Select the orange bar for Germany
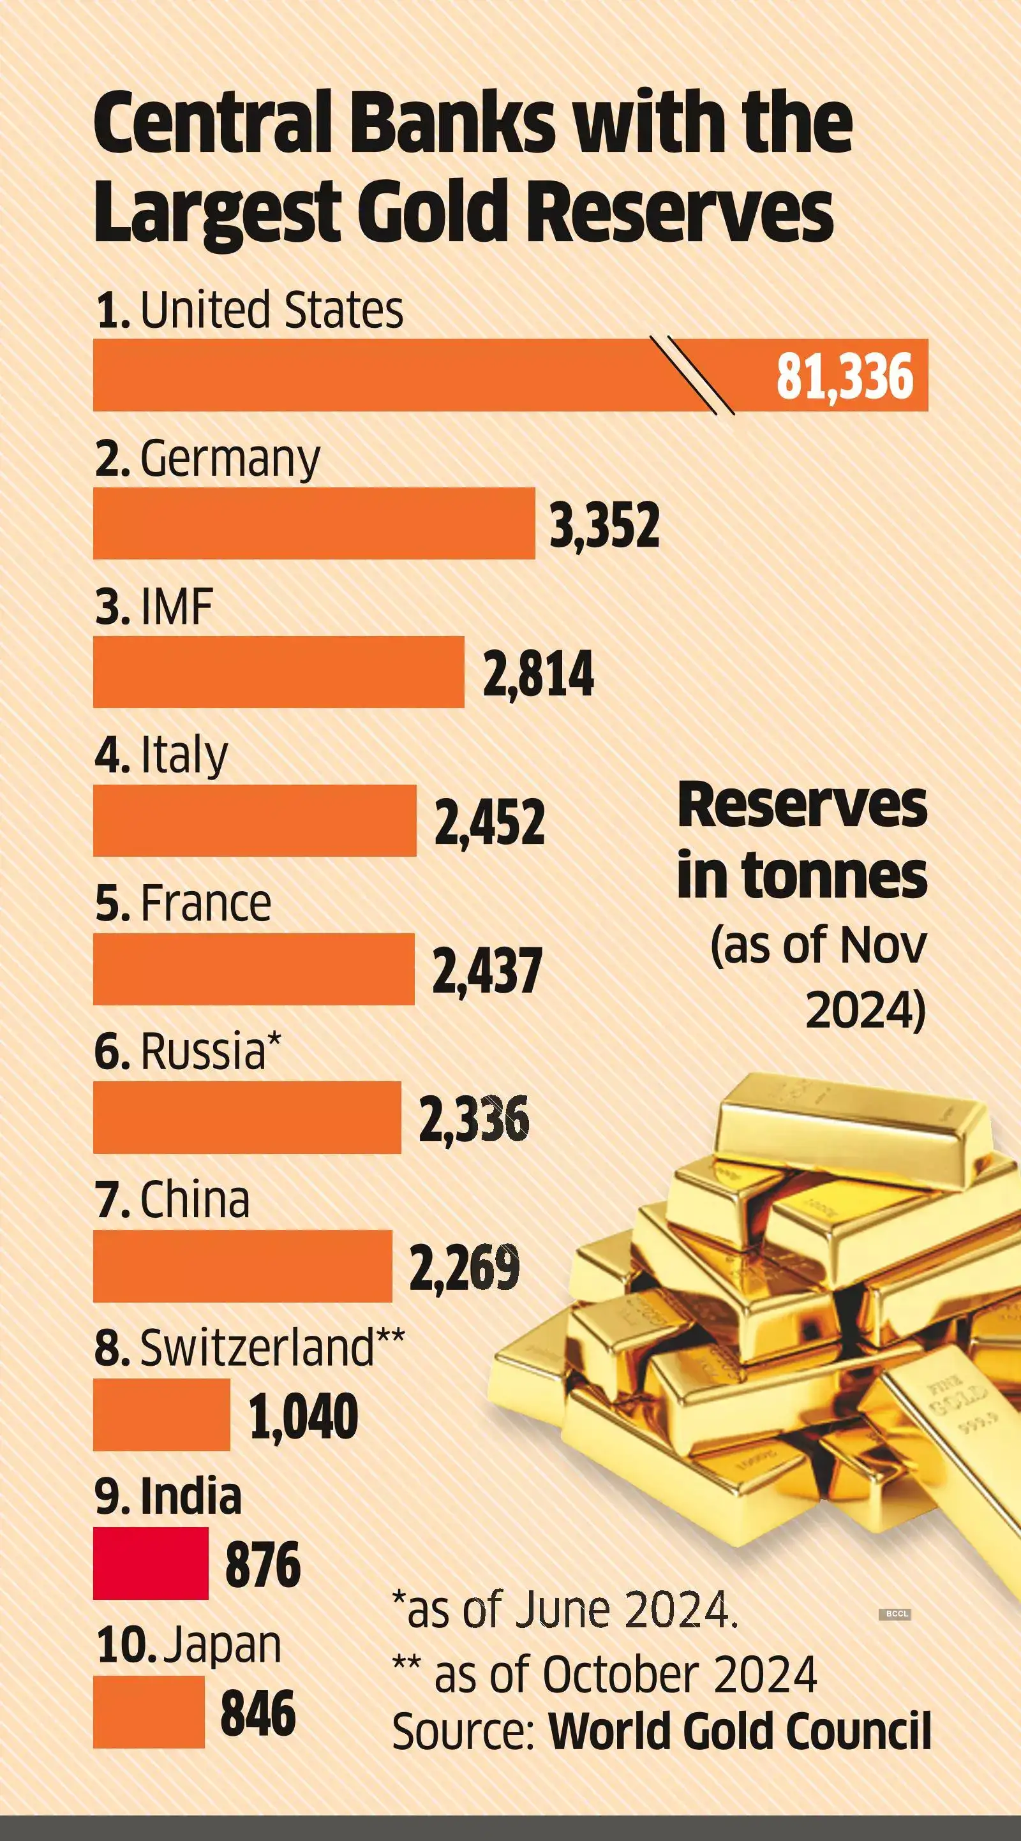pyautogui.click(x=313, y=523)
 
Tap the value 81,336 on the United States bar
pyautogui.click(x=844, y=376)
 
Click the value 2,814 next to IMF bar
pyautogui.click(x=538, y=673)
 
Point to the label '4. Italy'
pyautogui.click(x=161, y=755)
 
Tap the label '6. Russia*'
pyautogui.click(x=188, y=1051)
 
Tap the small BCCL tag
pyautogui.click(x=895, y=1614)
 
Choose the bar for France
pyautogui.click(x=254, y=969)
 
